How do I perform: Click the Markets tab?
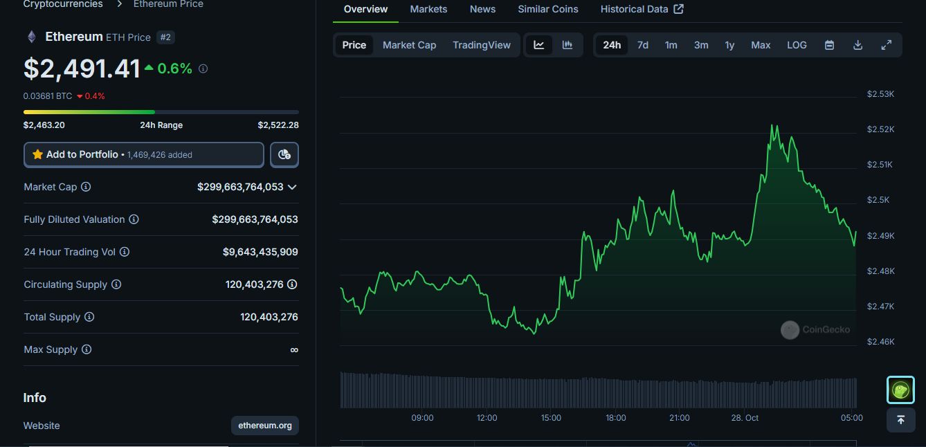coord(428,9)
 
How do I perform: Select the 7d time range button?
coord(643,45)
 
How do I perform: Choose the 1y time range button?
coord(729,45)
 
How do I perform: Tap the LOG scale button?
coord(797,45)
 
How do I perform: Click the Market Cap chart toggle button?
coord(409,45)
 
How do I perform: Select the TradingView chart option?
coord(482,45)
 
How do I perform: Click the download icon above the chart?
coord(857,45)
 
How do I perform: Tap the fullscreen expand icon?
coord(886,45)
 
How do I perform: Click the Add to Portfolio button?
coord(144,154)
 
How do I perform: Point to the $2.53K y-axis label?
coord(880,93)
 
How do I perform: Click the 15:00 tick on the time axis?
coord(551,418)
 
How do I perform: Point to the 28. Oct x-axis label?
coord(745,418)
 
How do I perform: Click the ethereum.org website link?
coord(265,426)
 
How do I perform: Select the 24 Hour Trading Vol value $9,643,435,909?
coord(260,252)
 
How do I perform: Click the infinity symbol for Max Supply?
coord(294,350)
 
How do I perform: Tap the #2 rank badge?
coord(165,37)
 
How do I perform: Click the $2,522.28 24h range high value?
coord(278,125)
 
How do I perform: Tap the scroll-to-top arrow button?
coord(900,420)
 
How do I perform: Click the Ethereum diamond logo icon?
coord(31,37)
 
